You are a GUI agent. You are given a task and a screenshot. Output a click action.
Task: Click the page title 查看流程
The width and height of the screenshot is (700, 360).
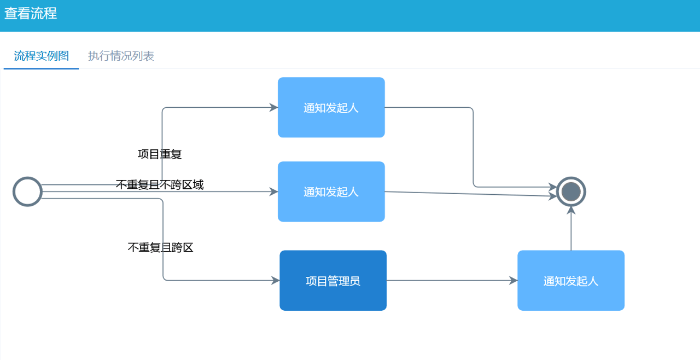tap(31, 14)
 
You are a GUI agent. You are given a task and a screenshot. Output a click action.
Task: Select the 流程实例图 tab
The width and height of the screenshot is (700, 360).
tap(41, 56)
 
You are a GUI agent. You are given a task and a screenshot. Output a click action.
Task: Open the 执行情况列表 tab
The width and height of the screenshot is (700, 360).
tap(121, 56)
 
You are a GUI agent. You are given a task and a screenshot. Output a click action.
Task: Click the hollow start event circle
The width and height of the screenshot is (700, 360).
tap(27, 191)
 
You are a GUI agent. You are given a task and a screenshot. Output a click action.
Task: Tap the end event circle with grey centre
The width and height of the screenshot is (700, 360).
tap(571, 191)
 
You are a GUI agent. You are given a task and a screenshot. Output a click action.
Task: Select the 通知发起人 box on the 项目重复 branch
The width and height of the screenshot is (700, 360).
tap(331, 107)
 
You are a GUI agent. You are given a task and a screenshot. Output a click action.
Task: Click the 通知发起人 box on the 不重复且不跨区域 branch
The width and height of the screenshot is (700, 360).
tap(331, 191)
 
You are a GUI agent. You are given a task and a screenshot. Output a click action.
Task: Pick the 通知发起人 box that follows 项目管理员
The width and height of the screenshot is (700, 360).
tap(570, 281)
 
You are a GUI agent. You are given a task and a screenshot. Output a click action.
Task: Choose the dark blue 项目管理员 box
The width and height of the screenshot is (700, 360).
tap(332, 281)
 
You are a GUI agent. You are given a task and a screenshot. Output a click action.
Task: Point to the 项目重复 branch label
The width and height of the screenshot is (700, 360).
tap(159, 154)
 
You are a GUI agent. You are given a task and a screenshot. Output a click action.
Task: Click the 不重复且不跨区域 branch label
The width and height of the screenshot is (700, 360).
tap(159, 185)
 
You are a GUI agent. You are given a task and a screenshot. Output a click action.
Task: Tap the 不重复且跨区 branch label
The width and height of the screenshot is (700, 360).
tap(160, 248)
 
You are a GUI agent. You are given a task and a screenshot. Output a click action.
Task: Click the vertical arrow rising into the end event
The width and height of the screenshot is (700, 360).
tap(571, 230)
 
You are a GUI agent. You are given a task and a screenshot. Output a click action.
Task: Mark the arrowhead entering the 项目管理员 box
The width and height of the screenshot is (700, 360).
tap(276, 281)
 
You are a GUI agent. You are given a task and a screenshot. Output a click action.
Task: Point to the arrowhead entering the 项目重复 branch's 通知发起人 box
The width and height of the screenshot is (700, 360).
tap(274, 107)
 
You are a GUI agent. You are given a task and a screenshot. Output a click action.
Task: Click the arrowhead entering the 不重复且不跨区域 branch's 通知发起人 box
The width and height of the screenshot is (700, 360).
tap(274, 191)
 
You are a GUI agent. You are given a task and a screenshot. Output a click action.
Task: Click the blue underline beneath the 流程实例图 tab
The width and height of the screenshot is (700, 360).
tap(41, 68)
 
